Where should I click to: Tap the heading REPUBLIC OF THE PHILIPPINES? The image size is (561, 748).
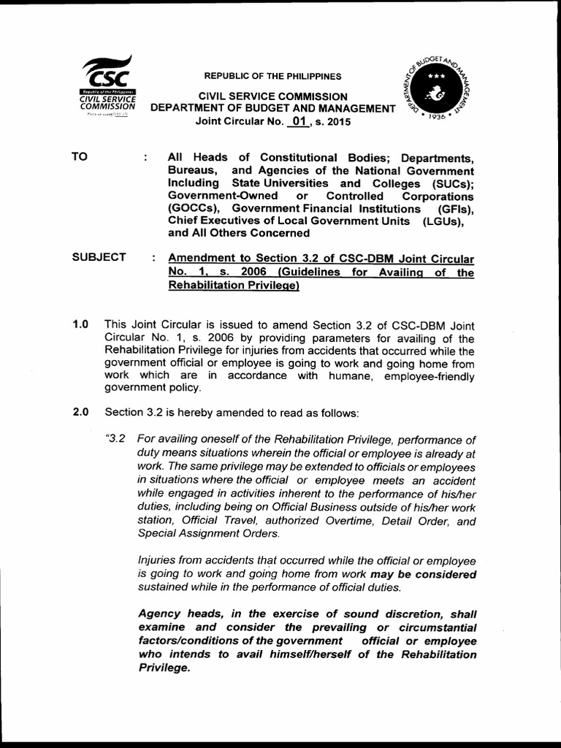click(x=272, y=76)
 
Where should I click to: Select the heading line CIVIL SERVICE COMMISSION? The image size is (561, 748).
click(x=273, y=96)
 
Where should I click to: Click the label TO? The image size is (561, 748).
click(x=80, y=157)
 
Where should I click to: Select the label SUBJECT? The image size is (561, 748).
click(x=99, y=257)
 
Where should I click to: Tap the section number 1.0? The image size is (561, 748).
click(x=80, y=324)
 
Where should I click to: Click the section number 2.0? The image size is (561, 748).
click(x=80, y=412)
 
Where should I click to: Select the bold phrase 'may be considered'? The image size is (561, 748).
click(x=423, y=574)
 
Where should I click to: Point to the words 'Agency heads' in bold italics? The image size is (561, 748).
click(x=174, y=614)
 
